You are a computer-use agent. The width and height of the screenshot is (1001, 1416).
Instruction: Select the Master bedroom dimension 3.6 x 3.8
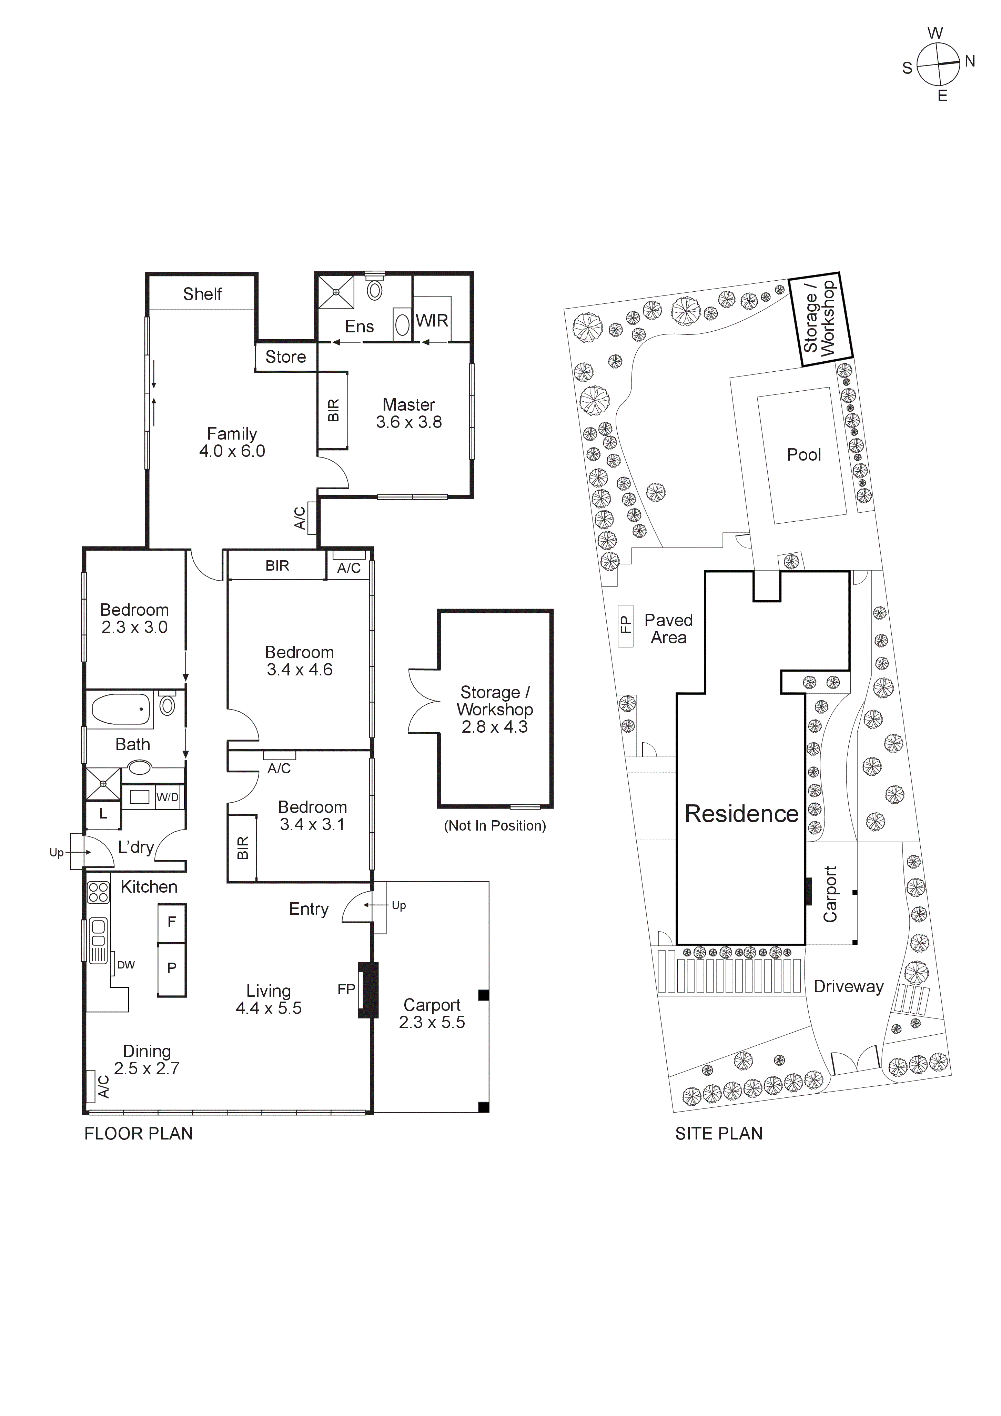(408, 422)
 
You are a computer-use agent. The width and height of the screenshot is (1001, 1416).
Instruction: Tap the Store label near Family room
(285, 357)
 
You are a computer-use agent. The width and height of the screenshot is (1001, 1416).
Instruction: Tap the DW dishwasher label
(126, 965)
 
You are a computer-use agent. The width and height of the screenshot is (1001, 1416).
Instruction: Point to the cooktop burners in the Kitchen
(98, 892)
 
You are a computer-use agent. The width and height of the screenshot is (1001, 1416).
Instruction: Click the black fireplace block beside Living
(368, 990)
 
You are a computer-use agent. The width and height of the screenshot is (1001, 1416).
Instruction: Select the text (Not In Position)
(495, 826)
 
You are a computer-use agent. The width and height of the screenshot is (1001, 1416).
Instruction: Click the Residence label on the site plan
(741, 814)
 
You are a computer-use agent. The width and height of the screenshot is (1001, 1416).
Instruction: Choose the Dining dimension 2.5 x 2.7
(147, 1069)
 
